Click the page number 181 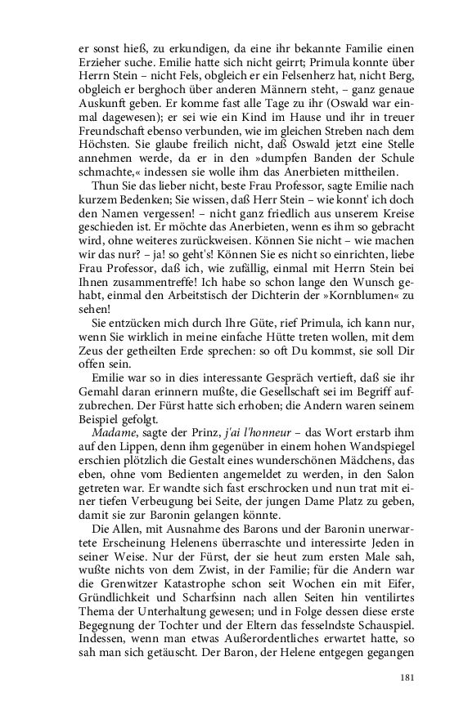click(409, 677)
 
